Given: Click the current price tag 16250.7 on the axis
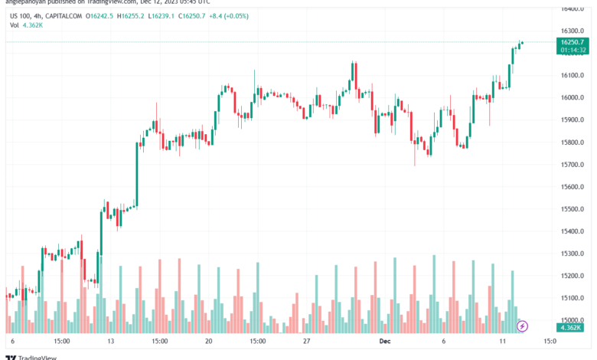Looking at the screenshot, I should click(573, 42).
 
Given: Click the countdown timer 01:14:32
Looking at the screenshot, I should click(573, 51).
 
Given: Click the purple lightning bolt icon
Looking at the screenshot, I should click(522, 326).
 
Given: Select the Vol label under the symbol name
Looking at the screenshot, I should click(15, 25).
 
